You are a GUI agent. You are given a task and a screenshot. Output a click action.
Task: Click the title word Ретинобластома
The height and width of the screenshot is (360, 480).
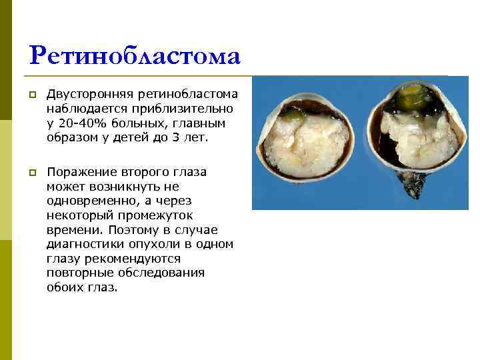coord(135,56)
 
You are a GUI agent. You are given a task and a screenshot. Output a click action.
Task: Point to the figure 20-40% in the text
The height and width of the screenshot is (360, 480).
coord(82,123)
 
